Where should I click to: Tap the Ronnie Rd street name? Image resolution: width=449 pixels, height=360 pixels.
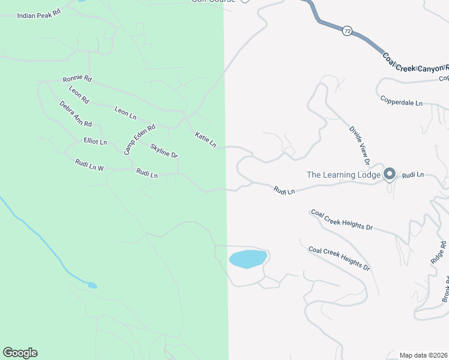77,79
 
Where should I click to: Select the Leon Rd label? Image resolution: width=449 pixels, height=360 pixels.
79,95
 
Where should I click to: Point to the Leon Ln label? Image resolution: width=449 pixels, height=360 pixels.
125,112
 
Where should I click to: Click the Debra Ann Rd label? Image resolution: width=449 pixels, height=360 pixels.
76,114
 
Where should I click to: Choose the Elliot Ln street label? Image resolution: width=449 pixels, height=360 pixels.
95,142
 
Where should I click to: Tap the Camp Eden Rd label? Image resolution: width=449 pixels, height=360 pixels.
139,139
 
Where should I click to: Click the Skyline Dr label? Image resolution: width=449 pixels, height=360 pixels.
164,151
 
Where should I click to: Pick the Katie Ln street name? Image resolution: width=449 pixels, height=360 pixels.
205,140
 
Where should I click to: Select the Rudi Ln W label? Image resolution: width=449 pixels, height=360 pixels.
89,165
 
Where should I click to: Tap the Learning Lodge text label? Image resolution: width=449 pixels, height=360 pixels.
343,175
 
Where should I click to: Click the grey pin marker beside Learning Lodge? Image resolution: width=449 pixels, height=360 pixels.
389,174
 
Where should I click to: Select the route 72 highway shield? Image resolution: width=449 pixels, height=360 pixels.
347,29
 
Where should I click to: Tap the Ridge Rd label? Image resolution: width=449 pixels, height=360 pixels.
439,253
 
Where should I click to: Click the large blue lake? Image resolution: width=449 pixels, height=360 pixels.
247,259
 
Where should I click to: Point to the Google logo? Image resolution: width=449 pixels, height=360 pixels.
20,353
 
